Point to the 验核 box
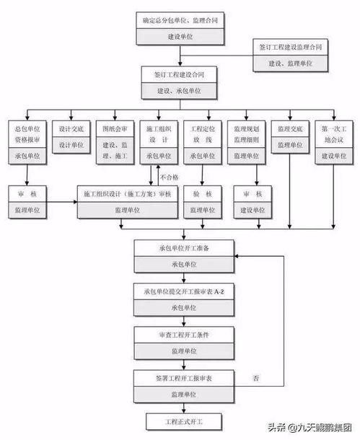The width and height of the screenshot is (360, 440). (x=200, y=193)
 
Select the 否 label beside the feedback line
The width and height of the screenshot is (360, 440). (x=256, y=378)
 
